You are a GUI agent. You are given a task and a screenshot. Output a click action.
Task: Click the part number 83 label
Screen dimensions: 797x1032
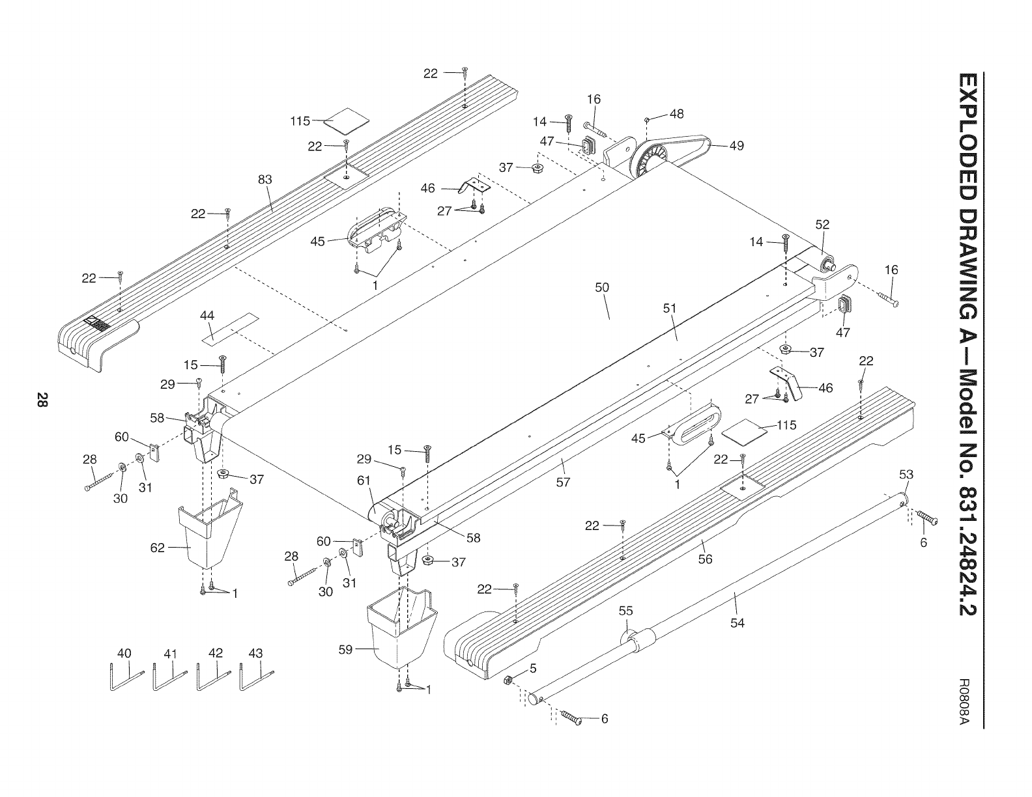click(x=265, y=180)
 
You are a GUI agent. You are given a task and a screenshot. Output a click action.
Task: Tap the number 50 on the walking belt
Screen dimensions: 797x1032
click(x=602, y=287)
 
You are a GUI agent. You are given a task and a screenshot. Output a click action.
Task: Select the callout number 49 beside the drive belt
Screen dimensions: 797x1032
click(x=736, y=146)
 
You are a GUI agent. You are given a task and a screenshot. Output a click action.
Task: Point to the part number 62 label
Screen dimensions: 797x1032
click(x=158, y=547)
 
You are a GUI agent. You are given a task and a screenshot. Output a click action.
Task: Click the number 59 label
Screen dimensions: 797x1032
click(x=347, y=649)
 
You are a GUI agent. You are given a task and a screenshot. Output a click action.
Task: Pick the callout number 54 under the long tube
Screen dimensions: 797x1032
click(x=737, y=623)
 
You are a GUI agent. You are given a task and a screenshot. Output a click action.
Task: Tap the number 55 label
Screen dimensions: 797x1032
click(x=625, y=611)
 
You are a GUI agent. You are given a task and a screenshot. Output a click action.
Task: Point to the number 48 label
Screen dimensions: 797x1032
click(x=676, y=113)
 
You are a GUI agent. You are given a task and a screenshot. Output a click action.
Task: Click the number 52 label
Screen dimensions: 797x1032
click(x=822, y=224)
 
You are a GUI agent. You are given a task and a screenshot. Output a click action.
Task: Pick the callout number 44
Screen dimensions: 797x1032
click(x=207, y=315)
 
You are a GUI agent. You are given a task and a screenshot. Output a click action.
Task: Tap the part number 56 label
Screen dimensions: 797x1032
click(x=705, y=559)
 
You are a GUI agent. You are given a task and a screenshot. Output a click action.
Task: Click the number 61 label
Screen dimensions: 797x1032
click(x=364, y=480)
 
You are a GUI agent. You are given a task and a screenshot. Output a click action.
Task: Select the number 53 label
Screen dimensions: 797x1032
click(x=906, y=474)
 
